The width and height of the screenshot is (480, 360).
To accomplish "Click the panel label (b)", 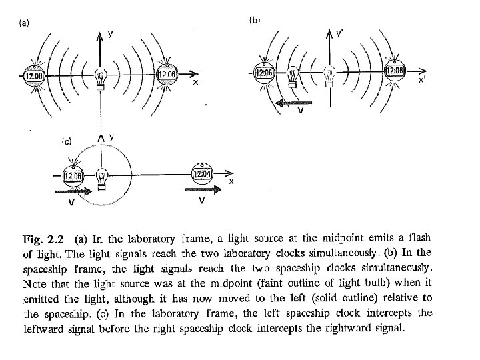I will tap(255, 21).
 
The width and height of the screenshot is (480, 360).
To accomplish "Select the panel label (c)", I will tap(67, 141).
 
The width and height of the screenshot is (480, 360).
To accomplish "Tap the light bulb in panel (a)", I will tap(101, 77).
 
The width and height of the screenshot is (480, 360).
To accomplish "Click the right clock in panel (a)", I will tap(166, 75).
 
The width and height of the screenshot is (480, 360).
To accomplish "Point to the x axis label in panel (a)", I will tap(195, 83).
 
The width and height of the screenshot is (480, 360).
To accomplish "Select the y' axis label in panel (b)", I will tap(340, 34).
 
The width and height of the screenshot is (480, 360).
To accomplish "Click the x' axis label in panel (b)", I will tap(422, 80).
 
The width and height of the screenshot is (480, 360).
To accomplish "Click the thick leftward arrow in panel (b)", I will tap(293, 102).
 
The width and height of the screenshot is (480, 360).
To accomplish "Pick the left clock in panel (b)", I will tap(264, 71).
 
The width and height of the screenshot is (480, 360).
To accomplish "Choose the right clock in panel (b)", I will tap(395, 71).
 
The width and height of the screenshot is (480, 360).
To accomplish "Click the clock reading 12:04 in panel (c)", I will tap(202, 175).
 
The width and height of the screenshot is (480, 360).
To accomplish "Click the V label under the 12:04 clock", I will tap(201, 201).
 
